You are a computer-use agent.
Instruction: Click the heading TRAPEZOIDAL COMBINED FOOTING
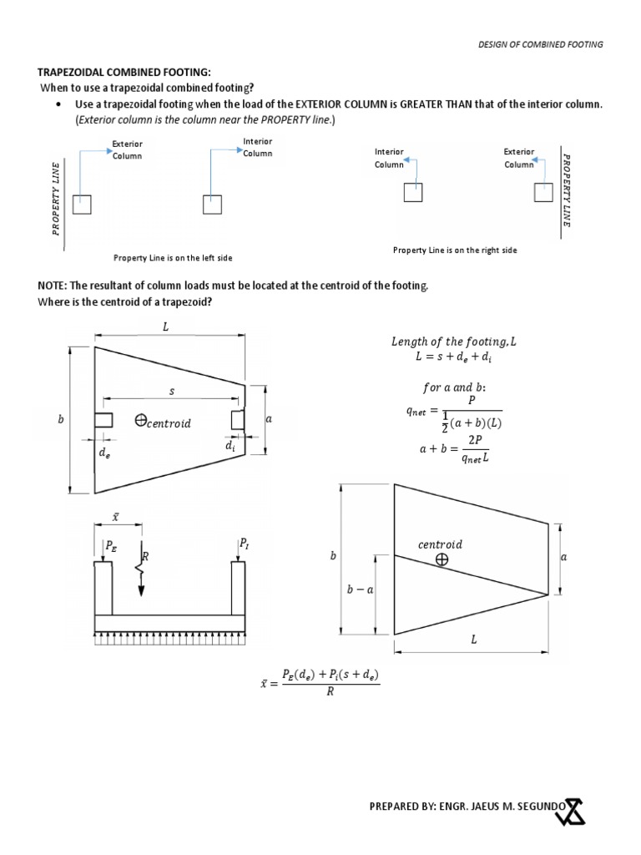[122, 73]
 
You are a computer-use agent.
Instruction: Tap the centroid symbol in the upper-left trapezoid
[141, 422]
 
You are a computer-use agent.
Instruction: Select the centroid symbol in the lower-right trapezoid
[441, 560]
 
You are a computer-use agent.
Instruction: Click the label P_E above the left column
[112, 547]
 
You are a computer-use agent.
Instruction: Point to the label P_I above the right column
[244, 544]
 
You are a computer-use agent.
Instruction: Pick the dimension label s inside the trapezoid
[172, 391]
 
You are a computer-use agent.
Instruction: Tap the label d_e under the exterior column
[104, 453]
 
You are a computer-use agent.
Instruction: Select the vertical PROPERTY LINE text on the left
[56, 198]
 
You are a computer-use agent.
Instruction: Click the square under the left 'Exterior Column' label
[81, 204]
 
